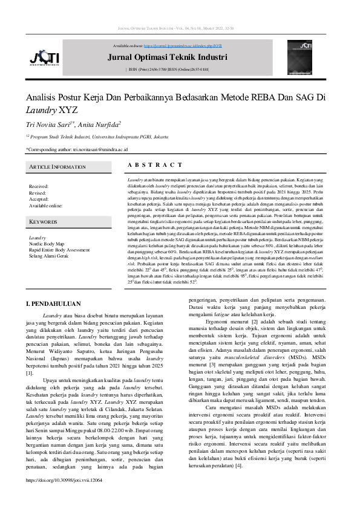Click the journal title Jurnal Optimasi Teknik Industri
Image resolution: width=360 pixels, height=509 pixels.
point(167,57)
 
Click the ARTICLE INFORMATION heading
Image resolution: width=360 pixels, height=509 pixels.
point(56,167)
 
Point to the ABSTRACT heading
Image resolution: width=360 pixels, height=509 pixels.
point(155,164)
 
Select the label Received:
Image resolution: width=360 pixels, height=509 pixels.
point(39,187)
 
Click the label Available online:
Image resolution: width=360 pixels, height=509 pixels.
point(47,205)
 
